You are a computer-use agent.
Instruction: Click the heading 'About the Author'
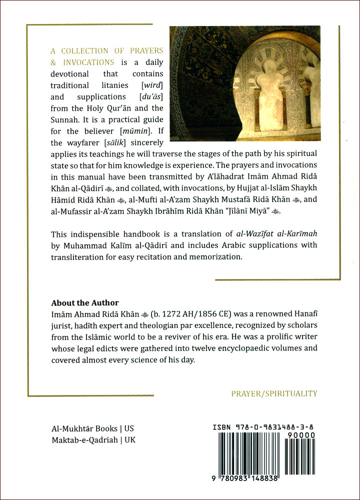85,303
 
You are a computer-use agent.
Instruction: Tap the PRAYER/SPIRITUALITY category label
274,393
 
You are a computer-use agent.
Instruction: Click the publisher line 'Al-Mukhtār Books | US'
92,429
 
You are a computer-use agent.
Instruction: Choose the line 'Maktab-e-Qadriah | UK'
93,440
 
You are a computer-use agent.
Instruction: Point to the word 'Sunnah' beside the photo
65,120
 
